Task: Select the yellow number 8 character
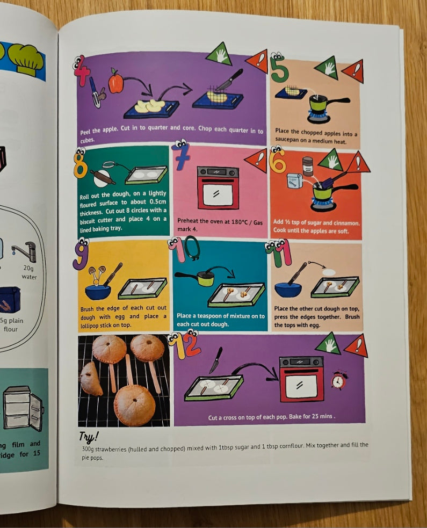click(x=80, y=164)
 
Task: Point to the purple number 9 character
click(x=81, y=254)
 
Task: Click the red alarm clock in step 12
click(x=338, y=380)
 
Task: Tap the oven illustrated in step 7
click(x=218, y=187)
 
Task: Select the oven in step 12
click(x=301, y=379)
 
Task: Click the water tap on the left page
click(x=25, y=251)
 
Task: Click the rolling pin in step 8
click(x=103, y=177)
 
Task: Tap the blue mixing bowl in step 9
click(x=98, y=292)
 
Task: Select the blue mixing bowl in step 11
click(x=288, y=290)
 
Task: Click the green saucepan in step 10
click(x=196, y=278)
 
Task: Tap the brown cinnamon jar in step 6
click(x=307, y=166)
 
